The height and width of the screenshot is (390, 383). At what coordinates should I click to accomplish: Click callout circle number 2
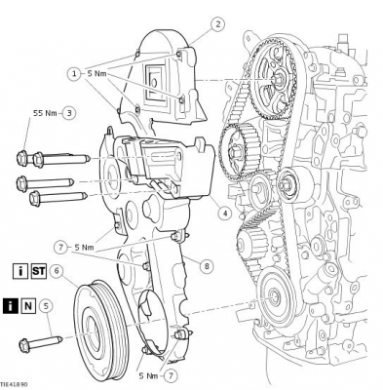(x=217, y=23)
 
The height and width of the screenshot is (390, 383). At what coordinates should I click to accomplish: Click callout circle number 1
(x=74, y=74)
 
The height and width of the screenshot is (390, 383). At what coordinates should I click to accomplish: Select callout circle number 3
(x=69, y=113)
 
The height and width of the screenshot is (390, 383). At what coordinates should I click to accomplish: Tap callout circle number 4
(x=224, y=214)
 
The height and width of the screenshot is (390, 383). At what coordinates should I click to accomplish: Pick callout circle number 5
(x=46, y=306)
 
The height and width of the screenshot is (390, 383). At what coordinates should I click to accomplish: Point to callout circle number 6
(x=57, y=271)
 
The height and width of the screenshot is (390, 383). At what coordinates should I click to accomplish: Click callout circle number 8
(x=206, y=266)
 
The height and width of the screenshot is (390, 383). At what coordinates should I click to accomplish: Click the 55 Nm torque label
(x=45, y=113)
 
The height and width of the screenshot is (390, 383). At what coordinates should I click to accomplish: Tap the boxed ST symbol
(x=39, y=271)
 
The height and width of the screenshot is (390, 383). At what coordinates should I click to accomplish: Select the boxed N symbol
(x=28, y=306)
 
